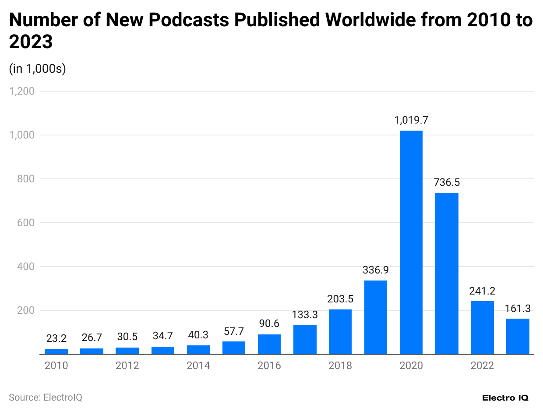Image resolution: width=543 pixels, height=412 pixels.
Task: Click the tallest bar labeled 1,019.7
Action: tap(411, 242)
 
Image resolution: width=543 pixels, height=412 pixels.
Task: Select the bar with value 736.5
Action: tap(447, 273)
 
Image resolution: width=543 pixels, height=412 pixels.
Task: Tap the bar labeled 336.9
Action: tap(376, 317)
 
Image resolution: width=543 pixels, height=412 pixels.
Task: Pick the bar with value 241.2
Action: tap(482, 327)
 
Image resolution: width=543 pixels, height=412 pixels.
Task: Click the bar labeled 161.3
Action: tap(518, 336)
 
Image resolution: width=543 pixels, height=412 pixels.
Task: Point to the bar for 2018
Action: tap(340, 331)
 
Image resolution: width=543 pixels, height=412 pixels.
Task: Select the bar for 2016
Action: tap(269, 344)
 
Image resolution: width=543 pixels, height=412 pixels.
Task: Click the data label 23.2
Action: tap(56, 338)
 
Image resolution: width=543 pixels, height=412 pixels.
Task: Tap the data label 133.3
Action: tap(305, 314)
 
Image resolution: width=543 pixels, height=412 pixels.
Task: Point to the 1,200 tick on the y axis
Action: tap(22, 91)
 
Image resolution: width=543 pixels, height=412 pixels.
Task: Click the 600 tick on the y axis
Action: tap(26, 223)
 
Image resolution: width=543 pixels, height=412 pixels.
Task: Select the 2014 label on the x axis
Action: tap(198, 366)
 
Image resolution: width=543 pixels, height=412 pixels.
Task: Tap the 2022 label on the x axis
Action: tap(482, 366)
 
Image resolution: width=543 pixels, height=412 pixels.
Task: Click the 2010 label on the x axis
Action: tap(56, 366)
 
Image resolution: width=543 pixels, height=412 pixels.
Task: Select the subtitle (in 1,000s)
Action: tap(37, 69)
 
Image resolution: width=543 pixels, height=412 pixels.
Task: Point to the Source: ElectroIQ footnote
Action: tap(46, 398)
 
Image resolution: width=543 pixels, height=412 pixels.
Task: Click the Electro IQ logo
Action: tap(505, 398)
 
